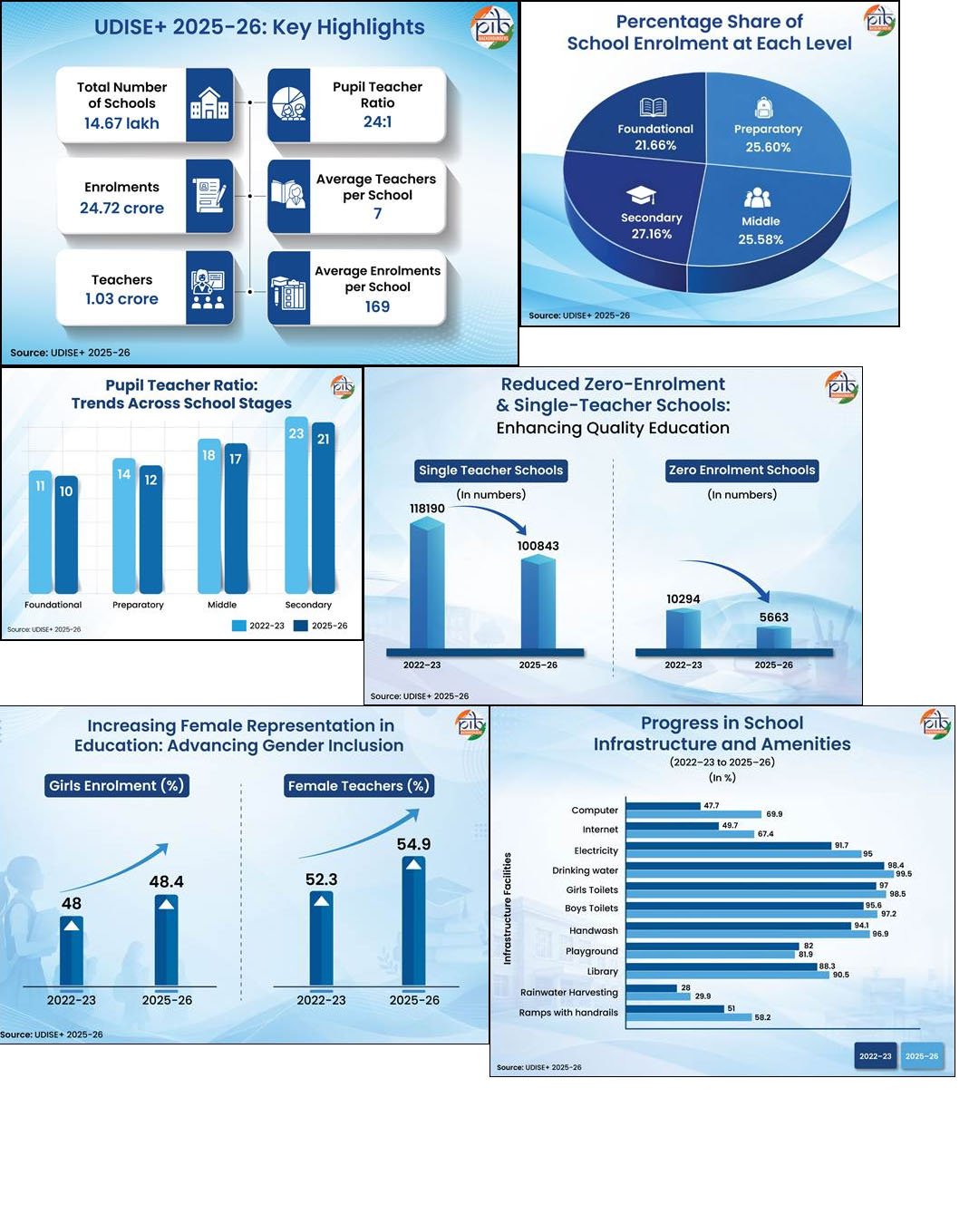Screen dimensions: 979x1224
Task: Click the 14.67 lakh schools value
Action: point(121,123)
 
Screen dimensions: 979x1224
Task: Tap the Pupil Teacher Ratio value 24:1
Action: point(377,121)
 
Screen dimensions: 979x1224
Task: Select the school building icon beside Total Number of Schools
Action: point(208,103)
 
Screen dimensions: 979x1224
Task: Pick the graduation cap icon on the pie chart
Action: point(641,195)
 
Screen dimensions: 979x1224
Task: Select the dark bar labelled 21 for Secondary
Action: point(323,508)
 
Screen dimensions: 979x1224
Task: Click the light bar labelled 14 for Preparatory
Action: point(124,526)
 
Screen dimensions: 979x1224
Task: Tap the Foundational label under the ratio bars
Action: point(53,605)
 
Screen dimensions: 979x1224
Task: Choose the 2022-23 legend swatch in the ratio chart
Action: point(239,626)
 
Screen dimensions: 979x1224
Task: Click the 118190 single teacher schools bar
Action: point(427,584)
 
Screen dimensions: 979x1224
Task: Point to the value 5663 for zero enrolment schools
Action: point(773,617)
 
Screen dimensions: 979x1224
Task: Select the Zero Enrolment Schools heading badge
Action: point(742,471)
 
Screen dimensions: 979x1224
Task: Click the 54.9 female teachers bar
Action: point(413,921)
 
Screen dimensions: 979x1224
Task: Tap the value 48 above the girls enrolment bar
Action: point(71,903)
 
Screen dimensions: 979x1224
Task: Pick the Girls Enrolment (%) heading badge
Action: point(117,785)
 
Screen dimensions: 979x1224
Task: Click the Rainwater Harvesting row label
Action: point(569,992)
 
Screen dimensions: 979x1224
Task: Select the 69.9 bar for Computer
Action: point(693,814)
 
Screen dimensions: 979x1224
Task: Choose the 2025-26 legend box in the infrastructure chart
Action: point(922,1056)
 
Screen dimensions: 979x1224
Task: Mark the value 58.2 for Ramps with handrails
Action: point(762,1017)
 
